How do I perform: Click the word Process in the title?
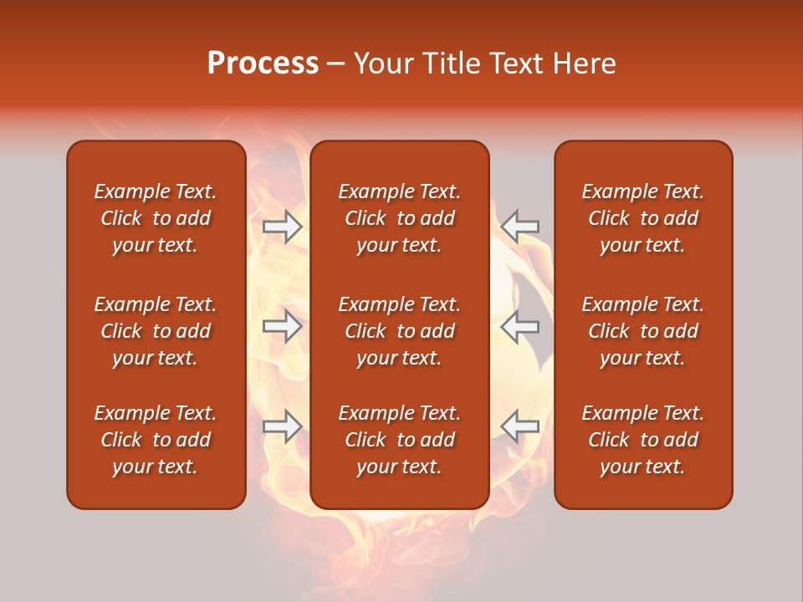(263, 64)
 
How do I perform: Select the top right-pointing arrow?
(283, 227)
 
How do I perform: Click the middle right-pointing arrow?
(283, 326)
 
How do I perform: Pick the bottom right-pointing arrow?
(283, 426)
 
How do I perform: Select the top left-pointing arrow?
(520, 227)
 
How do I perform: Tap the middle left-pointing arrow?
(520, 326)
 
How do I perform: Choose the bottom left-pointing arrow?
(520, 426)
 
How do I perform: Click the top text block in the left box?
(156, 218)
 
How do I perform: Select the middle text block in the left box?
(156, 331)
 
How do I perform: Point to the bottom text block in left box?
(156, 440)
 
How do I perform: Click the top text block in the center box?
(399, 218)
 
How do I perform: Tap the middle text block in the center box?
(399, 331)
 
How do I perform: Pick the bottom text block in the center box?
(399, 440)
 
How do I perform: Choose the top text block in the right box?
(642, 218)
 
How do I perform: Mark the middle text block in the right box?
(642, 331)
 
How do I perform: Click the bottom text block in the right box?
(642, 440)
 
